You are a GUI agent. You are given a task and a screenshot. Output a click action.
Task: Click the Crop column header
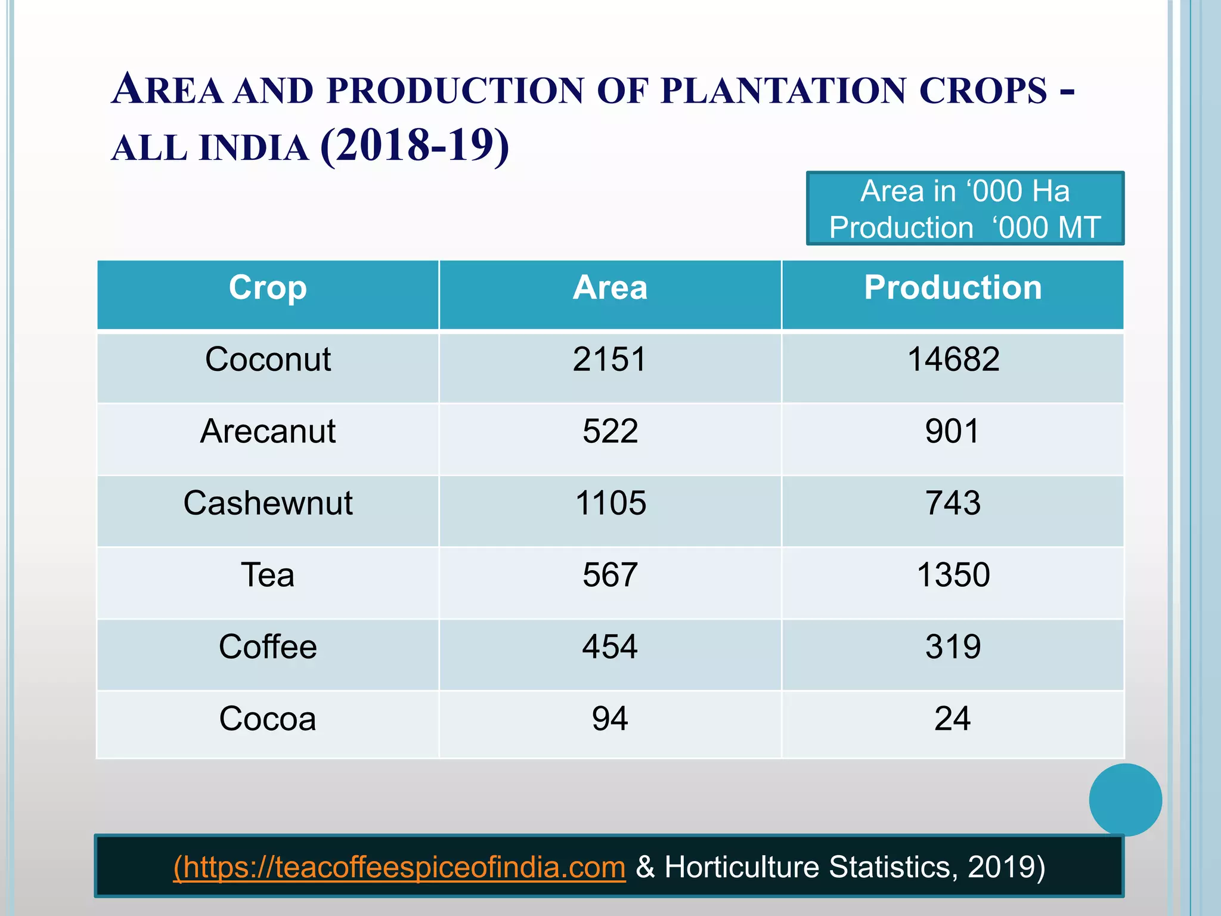[268, 288]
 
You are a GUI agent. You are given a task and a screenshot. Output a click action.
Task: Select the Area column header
[610, 288]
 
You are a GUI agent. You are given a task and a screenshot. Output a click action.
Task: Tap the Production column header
[953, 288]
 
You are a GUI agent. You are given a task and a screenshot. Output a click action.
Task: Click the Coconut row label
[268, 360]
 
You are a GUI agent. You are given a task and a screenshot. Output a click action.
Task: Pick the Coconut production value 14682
[953, 360]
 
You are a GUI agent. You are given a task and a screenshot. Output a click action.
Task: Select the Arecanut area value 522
[610, 431]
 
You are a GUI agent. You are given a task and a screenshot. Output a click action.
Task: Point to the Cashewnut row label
[268, 503]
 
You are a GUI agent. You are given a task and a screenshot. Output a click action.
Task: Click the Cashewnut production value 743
[953, 503]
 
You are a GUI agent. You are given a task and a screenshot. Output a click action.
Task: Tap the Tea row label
[268, 575]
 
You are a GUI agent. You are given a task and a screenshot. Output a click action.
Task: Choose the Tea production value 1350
[953, 575]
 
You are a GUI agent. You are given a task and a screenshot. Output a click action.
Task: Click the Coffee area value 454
[610, 647]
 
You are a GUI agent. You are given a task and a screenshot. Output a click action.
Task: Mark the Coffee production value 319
[953, 647]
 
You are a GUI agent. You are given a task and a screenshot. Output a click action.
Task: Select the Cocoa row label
[268, 719]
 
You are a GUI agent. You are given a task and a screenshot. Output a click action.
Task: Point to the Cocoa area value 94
[610, 719]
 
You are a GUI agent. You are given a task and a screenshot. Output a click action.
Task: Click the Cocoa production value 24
[953, 719]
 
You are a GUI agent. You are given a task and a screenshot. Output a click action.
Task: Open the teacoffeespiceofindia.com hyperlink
[399, 867]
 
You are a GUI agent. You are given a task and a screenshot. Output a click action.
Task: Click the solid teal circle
[1125, 800]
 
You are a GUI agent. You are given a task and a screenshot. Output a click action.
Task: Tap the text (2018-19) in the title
[414, 146]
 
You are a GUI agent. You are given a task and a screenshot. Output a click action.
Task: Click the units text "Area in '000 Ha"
[965, 191]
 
